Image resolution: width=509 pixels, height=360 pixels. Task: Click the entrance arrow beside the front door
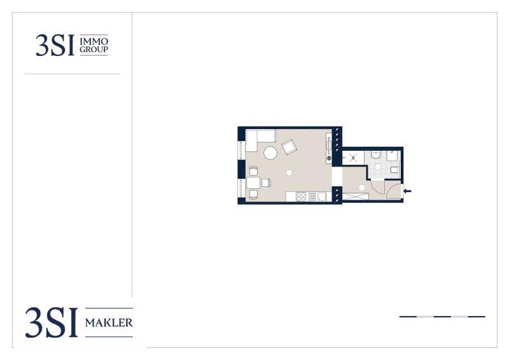pos(407,191)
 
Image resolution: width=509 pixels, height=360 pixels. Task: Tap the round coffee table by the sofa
pos(270,153)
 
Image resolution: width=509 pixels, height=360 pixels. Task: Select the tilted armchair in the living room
pos(289,147)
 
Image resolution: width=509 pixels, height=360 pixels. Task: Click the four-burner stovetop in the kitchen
pos(301,197)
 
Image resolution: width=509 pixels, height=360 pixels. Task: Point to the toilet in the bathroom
pos(394,170)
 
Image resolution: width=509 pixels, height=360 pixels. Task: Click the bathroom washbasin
pos(376,155)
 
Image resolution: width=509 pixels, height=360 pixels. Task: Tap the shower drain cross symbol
pos(353,158)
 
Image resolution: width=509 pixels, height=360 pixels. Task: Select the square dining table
pos(253,183)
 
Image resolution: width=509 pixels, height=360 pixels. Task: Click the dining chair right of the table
pos(266,183)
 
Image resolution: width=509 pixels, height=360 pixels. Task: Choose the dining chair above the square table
pos(253,170)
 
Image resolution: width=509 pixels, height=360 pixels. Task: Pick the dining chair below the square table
pos(253,195)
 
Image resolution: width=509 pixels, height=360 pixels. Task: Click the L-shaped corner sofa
pos(260,139)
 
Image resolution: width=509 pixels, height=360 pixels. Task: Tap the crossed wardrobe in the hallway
pos(356,197)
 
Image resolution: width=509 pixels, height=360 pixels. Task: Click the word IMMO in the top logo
pos(94,41)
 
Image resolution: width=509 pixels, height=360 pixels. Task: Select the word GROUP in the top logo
pos(94,50)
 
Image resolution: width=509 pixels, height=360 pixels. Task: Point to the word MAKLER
pos(109,322)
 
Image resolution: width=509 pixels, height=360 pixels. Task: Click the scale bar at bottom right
pos(442,317)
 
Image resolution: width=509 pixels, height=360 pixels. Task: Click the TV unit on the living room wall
pos(329,148)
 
